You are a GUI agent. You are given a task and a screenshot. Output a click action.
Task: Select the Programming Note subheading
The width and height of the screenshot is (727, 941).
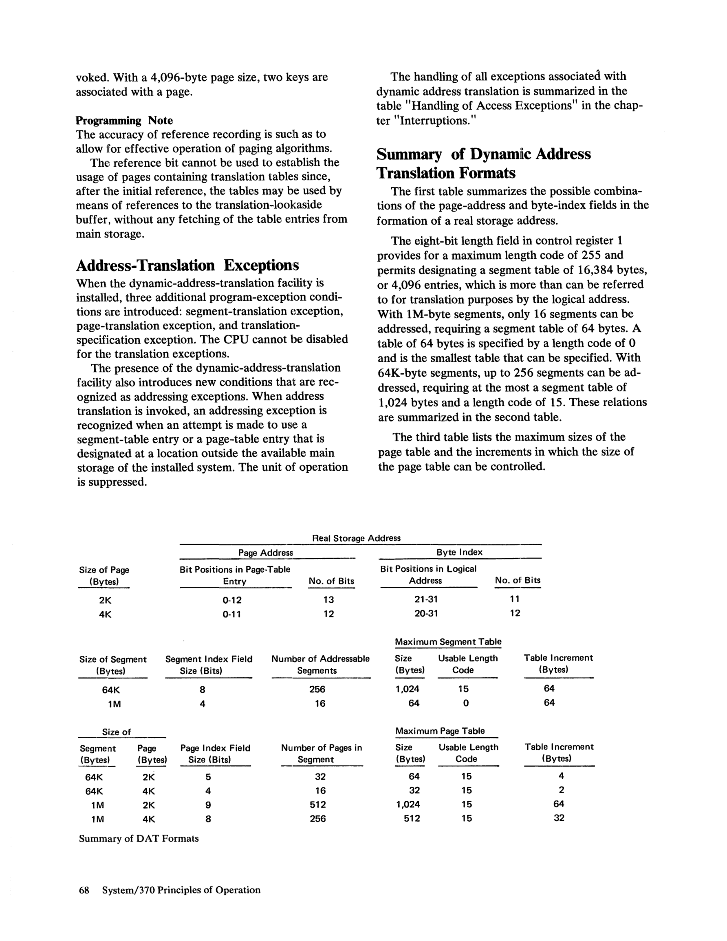(x=124, y=121)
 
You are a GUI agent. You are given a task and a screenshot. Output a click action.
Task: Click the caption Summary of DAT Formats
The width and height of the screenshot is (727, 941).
(x=139, y=838)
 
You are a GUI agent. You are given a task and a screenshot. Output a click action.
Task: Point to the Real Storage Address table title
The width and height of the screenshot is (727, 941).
(x=356, y=538)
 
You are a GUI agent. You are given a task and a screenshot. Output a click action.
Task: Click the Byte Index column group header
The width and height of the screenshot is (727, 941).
(x=459, y=552)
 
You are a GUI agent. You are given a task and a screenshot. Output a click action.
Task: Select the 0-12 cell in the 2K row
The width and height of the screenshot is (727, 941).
(x=232, y=600)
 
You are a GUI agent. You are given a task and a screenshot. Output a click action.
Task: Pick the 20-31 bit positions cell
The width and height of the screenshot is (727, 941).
(x=426, y=613)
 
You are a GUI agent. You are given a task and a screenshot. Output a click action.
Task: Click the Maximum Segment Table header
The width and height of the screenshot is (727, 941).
(x=448, y=642)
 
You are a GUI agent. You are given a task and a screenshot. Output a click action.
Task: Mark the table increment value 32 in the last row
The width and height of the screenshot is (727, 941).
(x=559, y=818)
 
